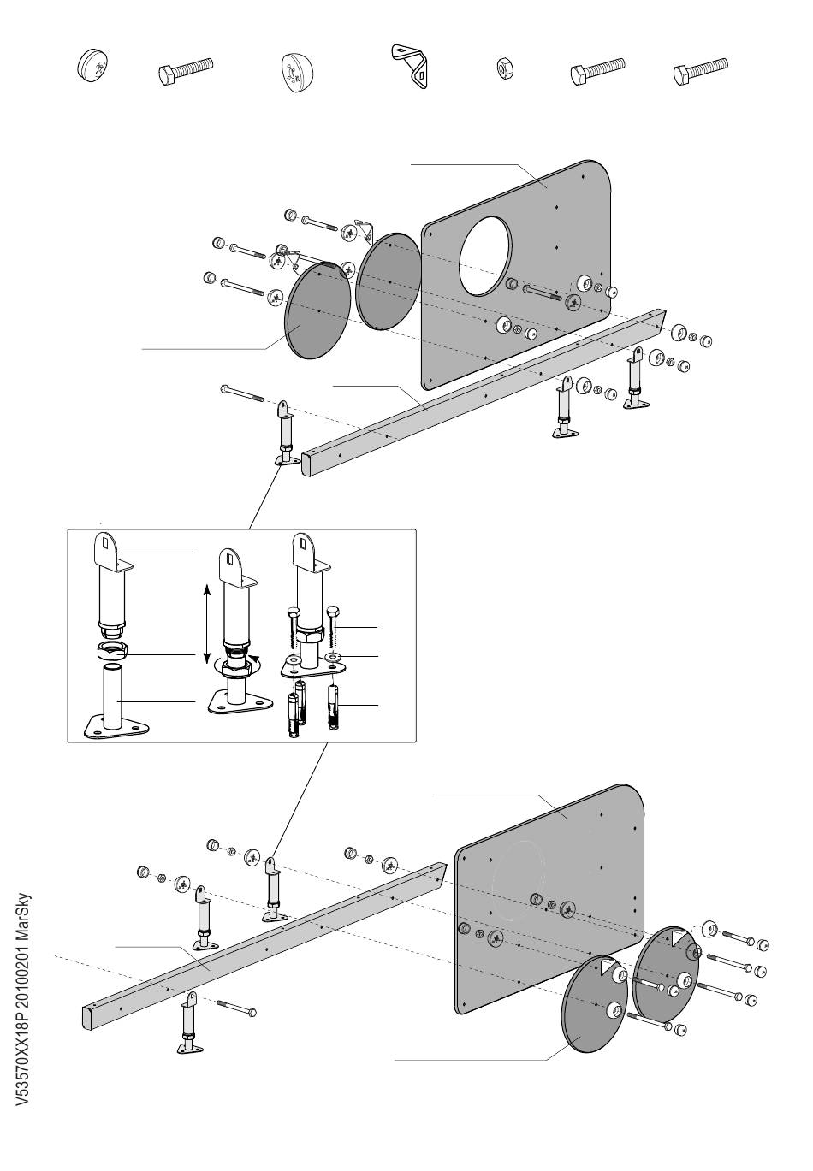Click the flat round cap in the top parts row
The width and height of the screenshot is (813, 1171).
click(x=92, y=65)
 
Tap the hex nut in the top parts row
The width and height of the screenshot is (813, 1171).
click(x=504, y=68)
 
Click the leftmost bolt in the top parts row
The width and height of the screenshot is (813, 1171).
click(x=185, y=71)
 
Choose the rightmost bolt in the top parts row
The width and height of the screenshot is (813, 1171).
click(x=700, y=71)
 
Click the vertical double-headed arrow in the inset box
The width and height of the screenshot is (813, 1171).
click(x=206, y=624)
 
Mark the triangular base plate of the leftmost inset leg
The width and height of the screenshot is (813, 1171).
click(x=116, y=727)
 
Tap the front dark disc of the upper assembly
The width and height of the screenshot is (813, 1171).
click(x=317, y=310)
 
